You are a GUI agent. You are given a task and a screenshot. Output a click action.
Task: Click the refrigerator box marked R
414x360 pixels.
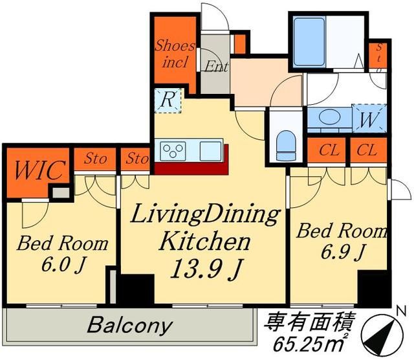tap(167, 101)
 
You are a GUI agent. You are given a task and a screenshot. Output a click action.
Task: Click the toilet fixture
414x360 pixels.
tap(285, 144)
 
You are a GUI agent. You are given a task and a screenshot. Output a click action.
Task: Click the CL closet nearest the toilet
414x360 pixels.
tap(329, 150)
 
